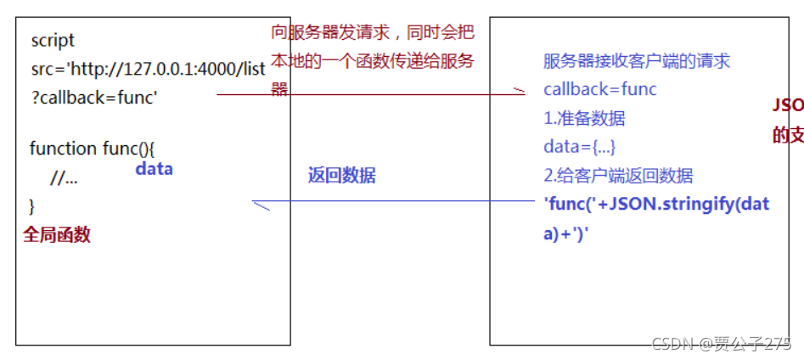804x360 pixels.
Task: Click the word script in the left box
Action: coord(53,41)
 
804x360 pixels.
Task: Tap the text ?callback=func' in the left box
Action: coord(94,98)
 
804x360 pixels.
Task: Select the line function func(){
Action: coord(92,149)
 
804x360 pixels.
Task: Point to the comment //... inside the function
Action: coord(64,177)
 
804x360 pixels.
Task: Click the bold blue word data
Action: coord(154,169)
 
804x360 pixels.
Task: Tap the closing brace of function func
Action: coord(32,205)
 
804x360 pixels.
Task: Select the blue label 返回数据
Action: coord(341,177)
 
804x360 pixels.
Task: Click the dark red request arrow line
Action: coord(365,95)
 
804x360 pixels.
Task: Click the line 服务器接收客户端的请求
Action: coord(636,61)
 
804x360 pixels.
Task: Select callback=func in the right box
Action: coord(599,89)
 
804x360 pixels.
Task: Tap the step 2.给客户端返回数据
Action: coord(618,176)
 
